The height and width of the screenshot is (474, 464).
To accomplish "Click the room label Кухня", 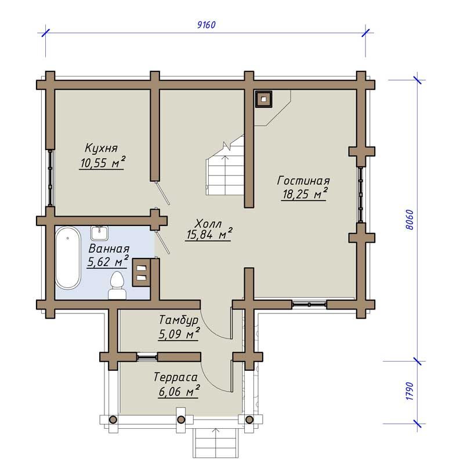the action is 101,148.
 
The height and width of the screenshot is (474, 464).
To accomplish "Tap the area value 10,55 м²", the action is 103,162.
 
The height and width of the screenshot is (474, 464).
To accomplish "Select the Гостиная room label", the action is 303,180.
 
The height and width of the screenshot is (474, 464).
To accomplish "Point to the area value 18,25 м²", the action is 305,194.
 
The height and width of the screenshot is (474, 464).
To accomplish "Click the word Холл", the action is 209,224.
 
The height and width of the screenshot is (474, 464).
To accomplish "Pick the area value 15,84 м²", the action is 209,234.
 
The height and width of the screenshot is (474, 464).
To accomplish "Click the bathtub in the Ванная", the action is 68,258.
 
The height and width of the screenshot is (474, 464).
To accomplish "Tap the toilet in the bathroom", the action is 117,285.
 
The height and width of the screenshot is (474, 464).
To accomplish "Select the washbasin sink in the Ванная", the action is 99,234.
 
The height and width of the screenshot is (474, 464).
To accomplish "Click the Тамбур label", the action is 179,320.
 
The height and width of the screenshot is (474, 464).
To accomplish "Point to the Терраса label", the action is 176,377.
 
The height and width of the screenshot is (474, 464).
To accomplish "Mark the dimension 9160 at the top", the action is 206,24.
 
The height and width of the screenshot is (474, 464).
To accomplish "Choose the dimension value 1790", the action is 409,392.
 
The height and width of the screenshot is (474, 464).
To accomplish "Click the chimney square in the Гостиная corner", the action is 264,99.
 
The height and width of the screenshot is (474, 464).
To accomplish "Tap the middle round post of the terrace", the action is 181,420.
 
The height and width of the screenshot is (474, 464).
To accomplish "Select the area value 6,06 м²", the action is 179,392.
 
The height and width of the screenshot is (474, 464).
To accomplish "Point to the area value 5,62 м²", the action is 107,261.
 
